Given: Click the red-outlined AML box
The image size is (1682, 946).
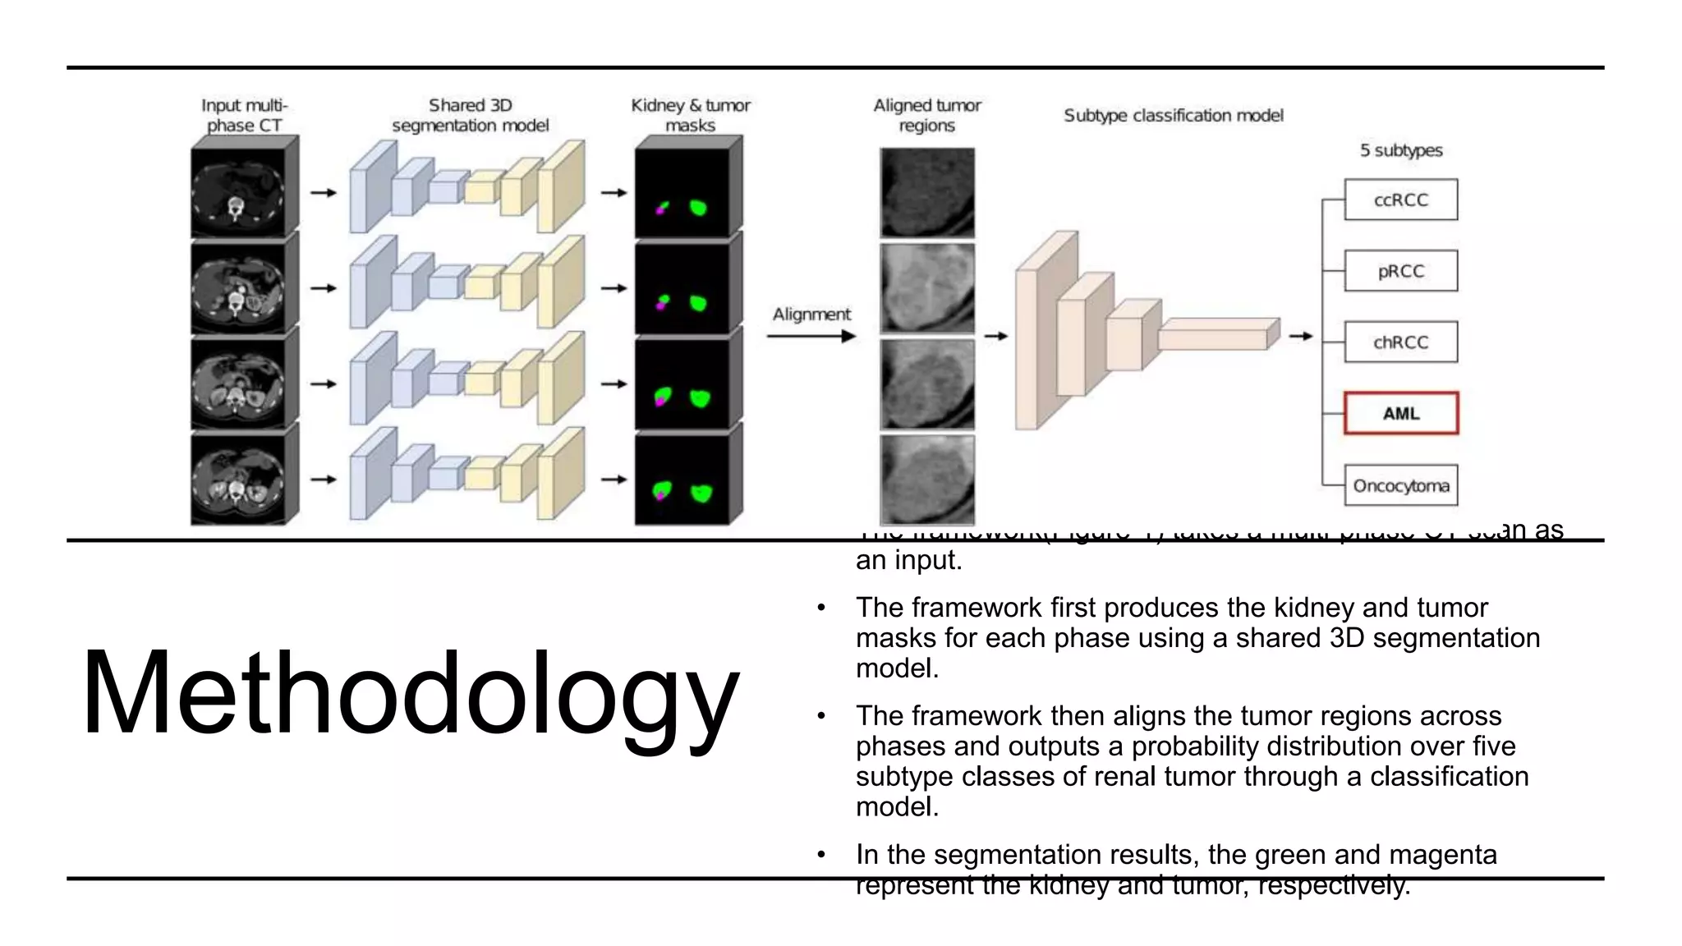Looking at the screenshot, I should coord(1400,413).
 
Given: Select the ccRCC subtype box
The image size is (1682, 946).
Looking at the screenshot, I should coord(1400,200).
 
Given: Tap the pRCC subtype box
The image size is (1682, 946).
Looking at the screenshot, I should coord(1400,271).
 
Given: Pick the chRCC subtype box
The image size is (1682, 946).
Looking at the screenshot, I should coord(1400,342).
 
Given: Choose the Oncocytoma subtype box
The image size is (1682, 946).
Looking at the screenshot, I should coord(1400,485).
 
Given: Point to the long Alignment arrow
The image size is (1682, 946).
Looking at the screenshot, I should coord(811,336).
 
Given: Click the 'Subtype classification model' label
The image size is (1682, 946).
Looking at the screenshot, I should coord(1173,116).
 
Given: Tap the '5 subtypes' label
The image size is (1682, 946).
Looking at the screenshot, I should coord(1400,150).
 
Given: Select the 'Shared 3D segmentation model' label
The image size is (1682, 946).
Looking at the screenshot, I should coord(470,116).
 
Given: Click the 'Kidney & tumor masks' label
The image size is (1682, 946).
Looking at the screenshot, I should coord(690,116).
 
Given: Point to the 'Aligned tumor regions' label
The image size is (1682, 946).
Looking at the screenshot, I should coord(926,116).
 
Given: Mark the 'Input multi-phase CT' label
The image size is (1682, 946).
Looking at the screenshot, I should coord(244,116).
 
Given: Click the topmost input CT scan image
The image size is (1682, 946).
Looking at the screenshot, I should coord(238,194).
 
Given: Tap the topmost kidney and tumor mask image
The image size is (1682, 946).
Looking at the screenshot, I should coord(682,194).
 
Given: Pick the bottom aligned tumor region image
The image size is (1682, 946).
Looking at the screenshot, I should coord(926,480).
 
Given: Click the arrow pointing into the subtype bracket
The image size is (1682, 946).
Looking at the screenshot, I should coord(1300,336).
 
